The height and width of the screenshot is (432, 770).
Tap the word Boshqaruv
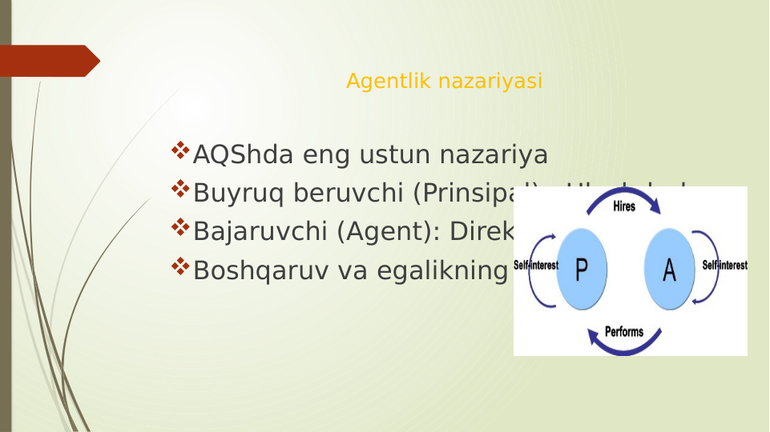point(259,270)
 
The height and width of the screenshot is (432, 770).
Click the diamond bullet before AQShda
point(180,150)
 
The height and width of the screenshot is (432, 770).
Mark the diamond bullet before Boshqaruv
point(180,266)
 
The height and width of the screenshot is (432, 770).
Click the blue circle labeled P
point(582,270)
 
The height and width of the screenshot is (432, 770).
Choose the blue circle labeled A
point(669,270)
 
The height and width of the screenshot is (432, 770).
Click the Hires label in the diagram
point(624,206)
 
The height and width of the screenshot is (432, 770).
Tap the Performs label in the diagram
point(624,331)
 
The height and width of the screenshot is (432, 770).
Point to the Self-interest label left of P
point(535,266)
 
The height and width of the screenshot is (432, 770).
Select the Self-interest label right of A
point(724,266)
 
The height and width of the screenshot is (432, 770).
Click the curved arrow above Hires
point(624,193)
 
